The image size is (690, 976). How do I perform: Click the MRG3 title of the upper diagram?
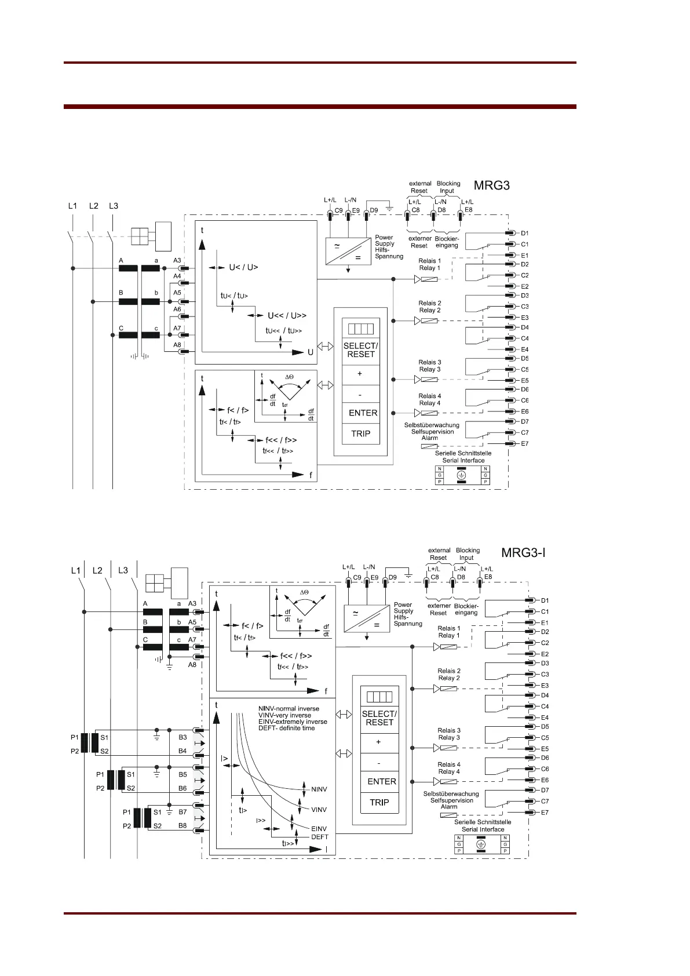[491, 185]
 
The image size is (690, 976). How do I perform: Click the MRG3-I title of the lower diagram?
[523, 552]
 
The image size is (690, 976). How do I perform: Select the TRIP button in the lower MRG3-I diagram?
[379, 803]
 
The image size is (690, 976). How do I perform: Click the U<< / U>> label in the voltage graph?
[287, 316]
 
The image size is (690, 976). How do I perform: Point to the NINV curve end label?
[319, 789]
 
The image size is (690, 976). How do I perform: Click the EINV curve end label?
[319, 829]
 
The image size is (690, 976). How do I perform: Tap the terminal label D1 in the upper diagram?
[524, 233]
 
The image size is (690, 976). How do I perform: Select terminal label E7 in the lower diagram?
[545, 813]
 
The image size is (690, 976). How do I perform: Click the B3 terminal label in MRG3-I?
[182, 737]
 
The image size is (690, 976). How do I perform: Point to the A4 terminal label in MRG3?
[177, 276]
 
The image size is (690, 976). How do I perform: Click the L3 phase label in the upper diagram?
[114, 206]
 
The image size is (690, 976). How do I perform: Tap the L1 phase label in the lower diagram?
[75, 570]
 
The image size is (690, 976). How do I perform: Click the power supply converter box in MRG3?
[348, 252]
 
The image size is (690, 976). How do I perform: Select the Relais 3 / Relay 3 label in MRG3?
[430, 366]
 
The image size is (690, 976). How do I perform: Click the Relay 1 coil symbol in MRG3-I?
[449, 647]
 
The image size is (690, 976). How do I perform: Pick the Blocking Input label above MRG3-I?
[468, 554]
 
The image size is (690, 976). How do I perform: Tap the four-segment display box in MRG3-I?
[379, 697]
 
